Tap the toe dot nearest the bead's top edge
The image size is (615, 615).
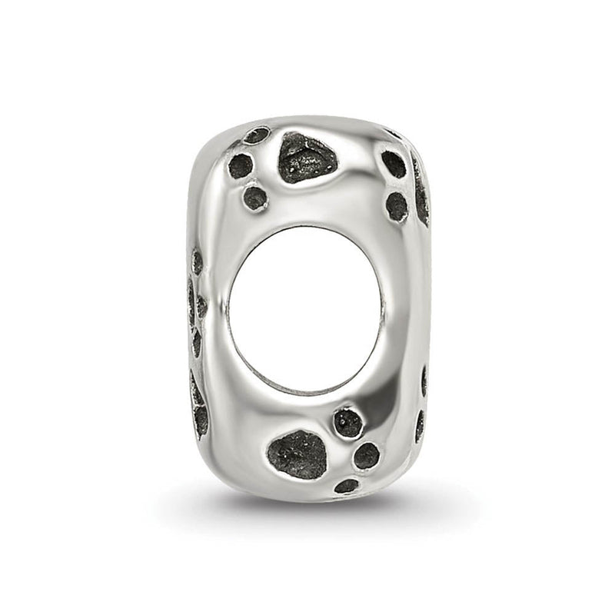[256, 136]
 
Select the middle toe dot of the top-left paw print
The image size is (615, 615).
[241, 165]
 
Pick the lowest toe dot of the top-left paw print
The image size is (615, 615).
[255, 198]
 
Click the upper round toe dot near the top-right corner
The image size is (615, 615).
[394, 164]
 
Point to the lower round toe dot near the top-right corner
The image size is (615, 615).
[397, 206]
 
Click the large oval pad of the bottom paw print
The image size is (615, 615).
[298, 454]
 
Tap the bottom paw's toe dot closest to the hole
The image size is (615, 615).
[347, 422]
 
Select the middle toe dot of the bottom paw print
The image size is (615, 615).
[366, 455]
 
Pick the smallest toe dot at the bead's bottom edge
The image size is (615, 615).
[346, 486]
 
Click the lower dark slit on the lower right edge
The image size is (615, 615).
[419, 425]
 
